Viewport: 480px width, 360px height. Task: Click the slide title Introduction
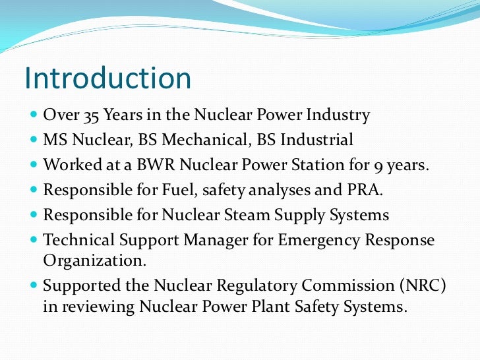[x=107, y=78]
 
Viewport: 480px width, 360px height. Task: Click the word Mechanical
[x=217, y=140]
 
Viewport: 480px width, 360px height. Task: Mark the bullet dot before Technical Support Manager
[x=34, y=241]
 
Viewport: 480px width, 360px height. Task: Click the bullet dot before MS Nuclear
[x=34, y=140]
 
